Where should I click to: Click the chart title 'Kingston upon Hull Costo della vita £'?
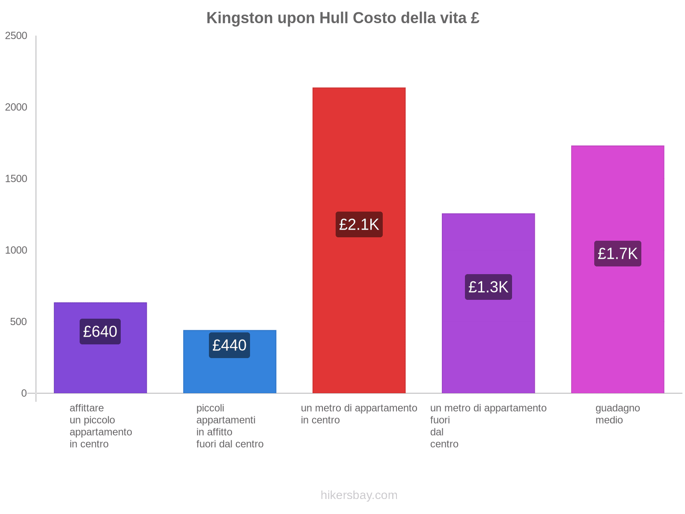tap(342, 18)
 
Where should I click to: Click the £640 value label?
tap(100, 332)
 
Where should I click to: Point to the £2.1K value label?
tap(359, 224)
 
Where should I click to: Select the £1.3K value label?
tap(488, 287)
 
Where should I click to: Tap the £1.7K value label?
tap(617, 254)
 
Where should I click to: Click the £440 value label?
tap(229, 345)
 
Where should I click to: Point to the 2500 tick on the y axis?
tap(16, 36)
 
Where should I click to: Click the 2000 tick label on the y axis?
tap(16, 107)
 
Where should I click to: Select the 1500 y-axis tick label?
tap(16, 179)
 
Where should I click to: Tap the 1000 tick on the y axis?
tap(16, 250)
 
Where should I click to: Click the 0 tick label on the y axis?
tap(24, 393)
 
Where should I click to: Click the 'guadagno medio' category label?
tap(617, 414)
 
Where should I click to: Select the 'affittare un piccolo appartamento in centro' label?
tap(101, 426)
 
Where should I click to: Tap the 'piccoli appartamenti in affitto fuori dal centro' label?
tap(230, 426)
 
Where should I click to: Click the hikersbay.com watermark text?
tap(359, 495)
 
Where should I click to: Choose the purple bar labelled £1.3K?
tap(488, 343)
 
